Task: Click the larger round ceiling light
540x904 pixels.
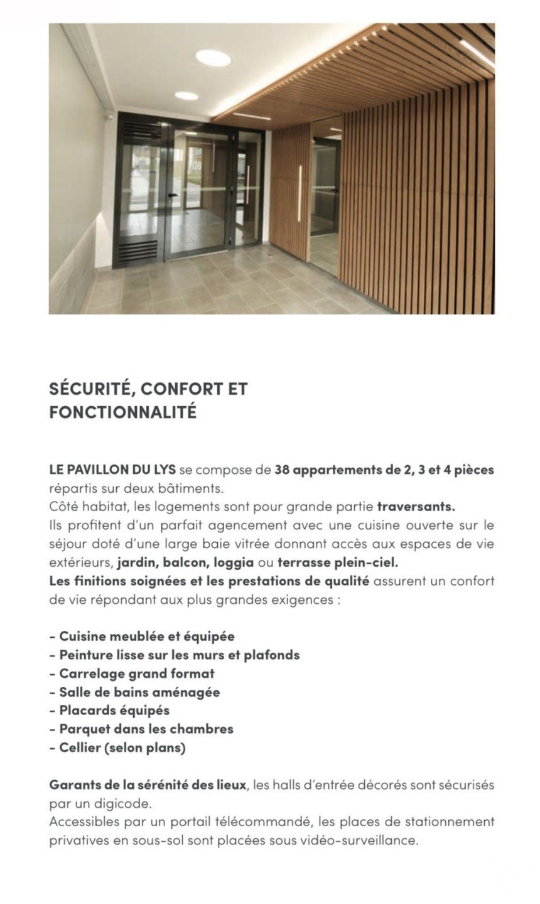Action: tap(213, 58)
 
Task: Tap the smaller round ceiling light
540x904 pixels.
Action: tap(186, 96)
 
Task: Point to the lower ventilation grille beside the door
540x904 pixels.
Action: tap(138, 252)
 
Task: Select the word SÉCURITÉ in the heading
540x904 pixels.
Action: tap(90, 389)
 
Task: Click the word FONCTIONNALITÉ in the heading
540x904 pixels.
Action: tap(123, 412)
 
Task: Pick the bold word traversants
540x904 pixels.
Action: tap(416, 506)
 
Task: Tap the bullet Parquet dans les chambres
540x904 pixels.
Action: tap(146, 729)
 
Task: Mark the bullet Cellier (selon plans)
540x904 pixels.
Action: tap(122, 748)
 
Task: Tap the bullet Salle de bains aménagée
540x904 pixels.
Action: tap(139, 692)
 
